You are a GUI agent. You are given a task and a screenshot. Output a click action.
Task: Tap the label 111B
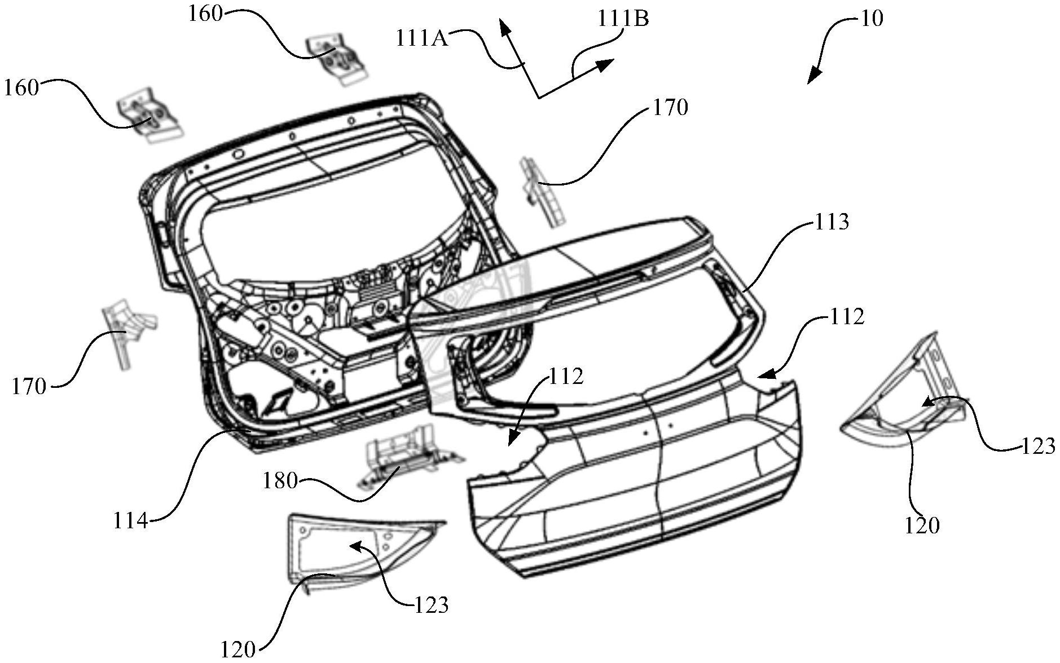(623, 19)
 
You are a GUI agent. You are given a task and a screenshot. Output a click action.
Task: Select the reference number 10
(872, 19)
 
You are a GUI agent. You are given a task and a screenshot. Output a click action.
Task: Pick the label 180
(280, 481)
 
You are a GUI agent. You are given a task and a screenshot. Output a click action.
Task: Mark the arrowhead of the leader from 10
(813, 76)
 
